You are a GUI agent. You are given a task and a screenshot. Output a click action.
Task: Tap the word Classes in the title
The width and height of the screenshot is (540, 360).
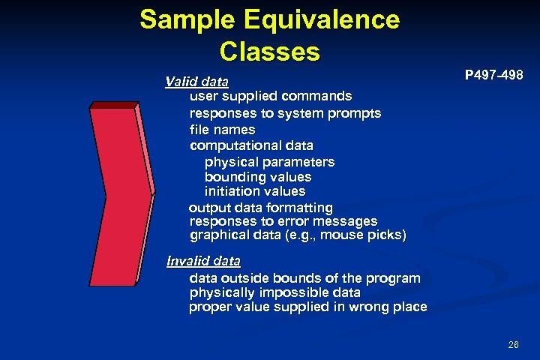(270, 52)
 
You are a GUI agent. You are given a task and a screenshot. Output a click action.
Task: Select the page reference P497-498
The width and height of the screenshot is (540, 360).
(493, 76)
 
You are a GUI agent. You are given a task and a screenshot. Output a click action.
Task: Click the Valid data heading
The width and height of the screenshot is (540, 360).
(197, 81)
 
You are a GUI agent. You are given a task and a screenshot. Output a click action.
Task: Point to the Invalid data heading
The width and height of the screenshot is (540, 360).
(203, 262)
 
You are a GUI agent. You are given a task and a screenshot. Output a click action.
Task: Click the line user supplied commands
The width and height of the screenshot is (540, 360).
(271, 96)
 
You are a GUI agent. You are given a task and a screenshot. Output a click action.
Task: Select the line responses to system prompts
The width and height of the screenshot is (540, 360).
(285, 113)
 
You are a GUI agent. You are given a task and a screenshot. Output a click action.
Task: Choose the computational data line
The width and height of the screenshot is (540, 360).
(251, 145)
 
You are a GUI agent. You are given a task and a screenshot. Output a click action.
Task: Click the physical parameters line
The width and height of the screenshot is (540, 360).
(269, 162)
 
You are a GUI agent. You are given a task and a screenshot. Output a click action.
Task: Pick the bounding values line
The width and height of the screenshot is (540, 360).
(257, 178)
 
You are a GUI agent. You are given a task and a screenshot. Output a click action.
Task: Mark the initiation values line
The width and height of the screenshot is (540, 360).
(255, 192)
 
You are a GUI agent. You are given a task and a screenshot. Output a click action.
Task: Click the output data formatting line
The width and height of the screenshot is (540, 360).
(260, 207)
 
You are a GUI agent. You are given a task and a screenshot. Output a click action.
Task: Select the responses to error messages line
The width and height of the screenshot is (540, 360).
(283, 222)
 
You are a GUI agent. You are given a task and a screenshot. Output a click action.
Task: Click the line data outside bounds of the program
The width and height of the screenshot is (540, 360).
(304, 278)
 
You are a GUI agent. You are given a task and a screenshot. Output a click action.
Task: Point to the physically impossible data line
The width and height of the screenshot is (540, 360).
(274, 292)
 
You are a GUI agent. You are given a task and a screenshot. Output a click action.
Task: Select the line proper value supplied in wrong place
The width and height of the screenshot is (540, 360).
(307, 307)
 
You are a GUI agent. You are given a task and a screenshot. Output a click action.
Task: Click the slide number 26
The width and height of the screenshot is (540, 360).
(513, 345)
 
